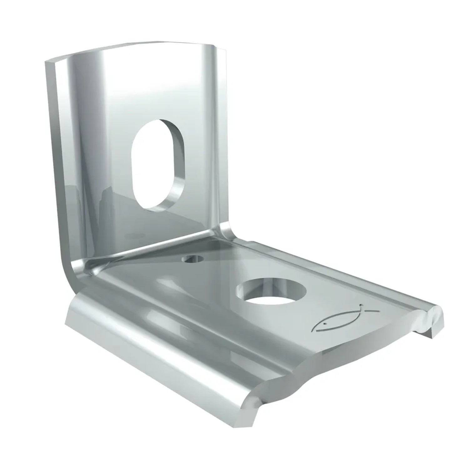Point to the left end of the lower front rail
click(70, 313)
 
